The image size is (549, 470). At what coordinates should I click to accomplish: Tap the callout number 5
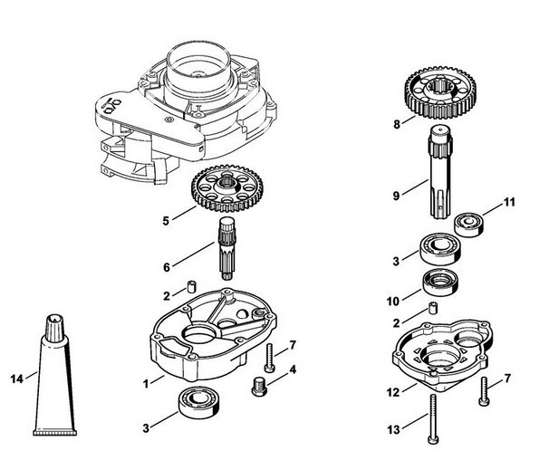coord(164,219)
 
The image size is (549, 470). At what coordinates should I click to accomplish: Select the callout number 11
coord(509,201)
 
